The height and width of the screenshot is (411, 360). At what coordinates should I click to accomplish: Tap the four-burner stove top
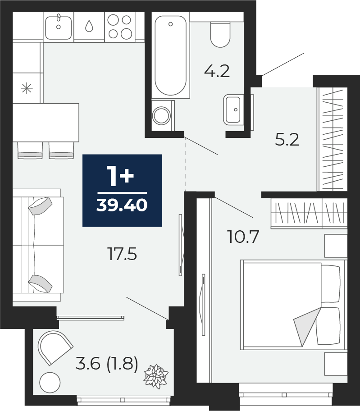pyautogui.click(x=119, y=27)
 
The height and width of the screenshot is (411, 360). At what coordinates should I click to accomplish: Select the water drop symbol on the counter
pyautogui.click(x=89, y=27)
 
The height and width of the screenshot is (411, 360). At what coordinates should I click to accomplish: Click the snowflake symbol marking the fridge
pyautogui.click(x=27, y=88)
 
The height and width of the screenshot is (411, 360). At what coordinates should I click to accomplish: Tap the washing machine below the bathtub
pyautogui.click(x=161, y=115)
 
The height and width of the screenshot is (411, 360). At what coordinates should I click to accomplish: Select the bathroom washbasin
pyautogui.click(x=233, y=110)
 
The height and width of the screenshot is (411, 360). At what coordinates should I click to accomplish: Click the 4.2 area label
pyautogui.click(x=217, y=71)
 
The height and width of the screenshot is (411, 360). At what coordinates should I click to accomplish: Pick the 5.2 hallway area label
pyautogui.click(x=287, y=140)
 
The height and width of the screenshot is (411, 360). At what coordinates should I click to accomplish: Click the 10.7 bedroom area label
pyautogui.click(x=243, y=236)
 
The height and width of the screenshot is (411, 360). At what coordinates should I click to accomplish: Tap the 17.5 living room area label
pyautogui.click(x=122, y=254)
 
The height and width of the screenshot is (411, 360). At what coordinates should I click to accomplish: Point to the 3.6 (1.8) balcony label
pyautogui.click(x=106, y=363)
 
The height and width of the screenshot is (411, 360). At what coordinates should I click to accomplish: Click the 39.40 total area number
pyautogui.click(x=122, y=205)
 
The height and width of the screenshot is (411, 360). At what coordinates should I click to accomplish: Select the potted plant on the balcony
pyautogui.click(x=155, y=376)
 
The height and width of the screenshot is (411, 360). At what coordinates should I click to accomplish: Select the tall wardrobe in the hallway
pyautogui.click(x=333, y=139)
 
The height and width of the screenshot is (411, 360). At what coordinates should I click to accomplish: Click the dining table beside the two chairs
pyautogui.click(x=45, y=122)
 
